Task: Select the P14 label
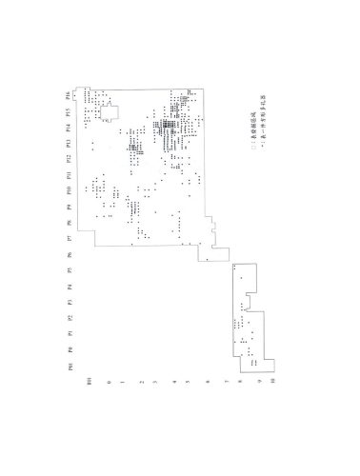coord(66,127)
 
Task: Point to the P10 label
coord(66,190)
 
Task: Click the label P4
coord(66,286)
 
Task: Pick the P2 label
coord(66,317)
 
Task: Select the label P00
coord(66,365)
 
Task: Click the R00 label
coord(89,381)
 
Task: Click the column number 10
coord(272,381)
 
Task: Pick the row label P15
coord(66,111)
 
